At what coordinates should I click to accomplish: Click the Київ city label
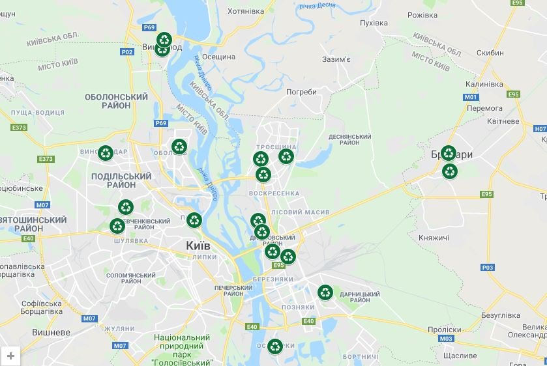198,246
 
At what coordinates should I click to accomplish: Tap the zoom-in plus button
11,356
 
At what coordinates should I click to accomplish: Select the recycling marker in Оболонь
179,147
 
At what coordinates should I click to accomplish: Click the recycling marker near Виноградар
106,153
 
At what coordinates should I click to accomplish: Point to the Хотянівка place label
245,10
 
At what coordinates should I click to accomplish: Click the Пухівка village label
374,23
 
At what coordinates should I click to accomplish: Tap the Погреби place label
301,92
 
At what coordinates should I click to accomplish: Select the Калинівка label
484,85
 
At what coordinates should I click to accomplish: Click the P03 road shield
487,268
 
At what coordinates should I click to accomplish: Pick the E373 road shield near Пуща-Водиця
19,128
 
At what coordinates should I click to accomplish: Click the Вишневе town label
51,332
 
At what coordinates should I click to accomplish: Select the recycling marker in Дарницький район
325,292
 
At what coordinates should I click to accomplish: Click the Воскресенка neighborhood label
274,193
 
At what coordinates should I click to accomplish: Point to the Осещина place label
218,57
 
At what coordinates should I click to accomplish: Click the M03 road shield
446,339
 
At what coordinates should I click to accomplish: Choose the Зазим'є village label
336,59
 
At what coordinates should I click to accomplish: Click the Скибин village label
490,53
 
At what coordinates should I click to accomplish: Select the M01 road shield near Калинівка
471,97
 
